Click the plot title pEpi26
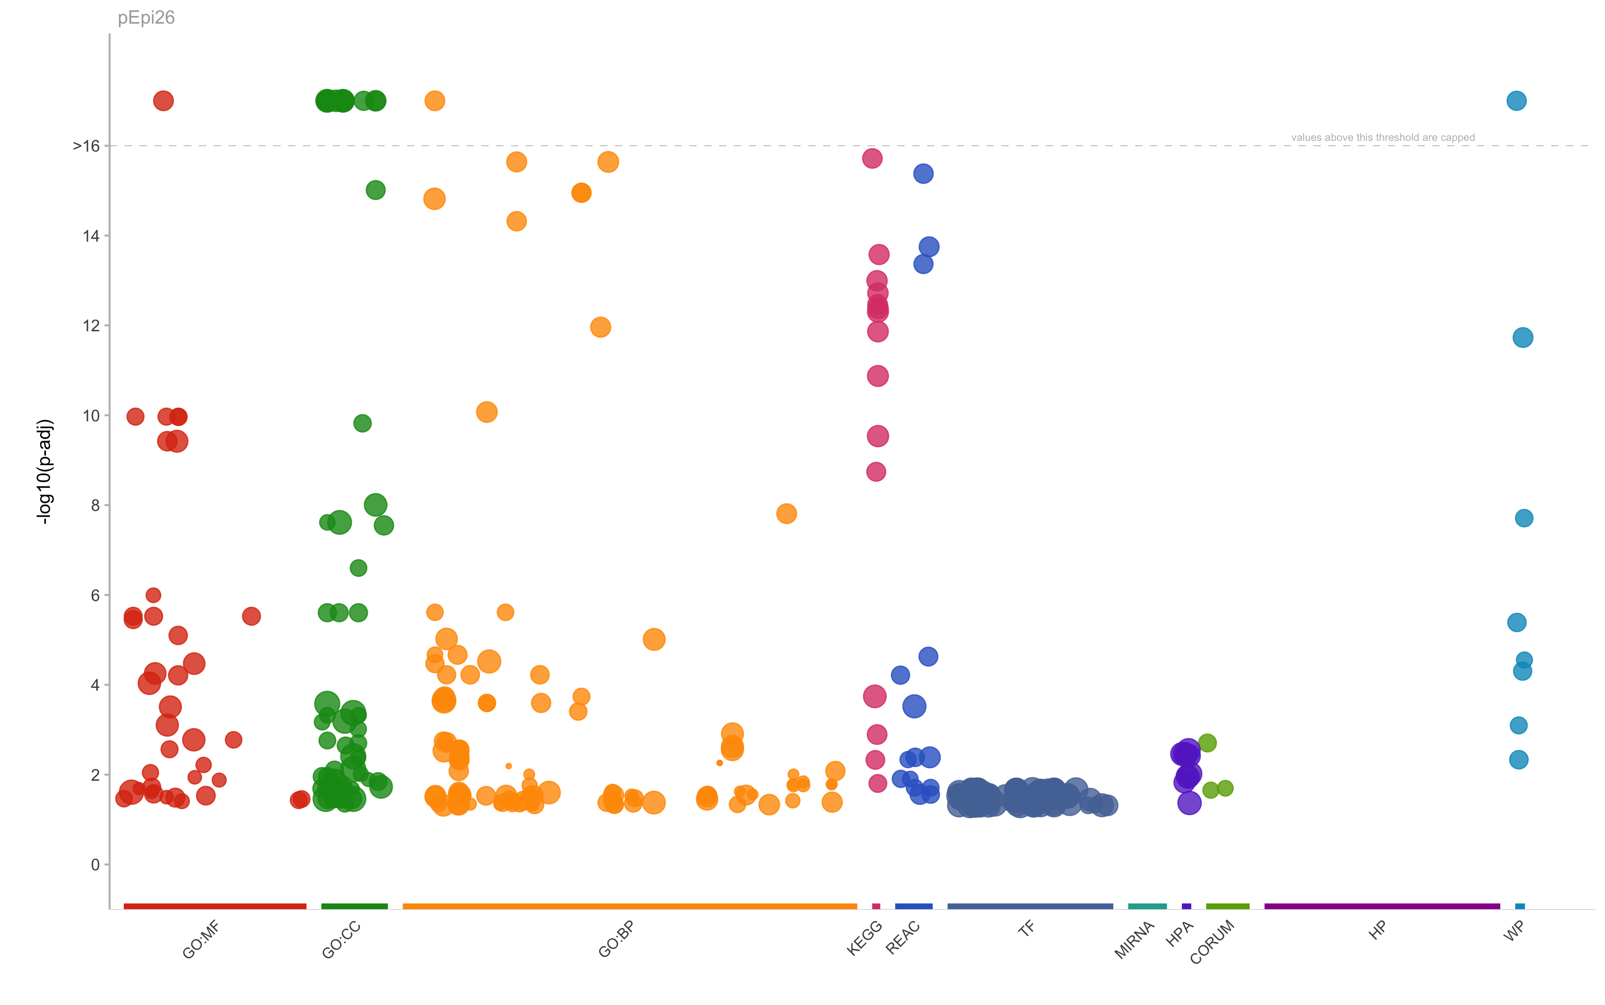coord(146,17)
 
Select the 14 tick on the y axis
coord(91,236)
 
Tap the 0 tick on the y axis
coord(95,865)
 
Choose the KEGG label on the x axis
coord(864,938)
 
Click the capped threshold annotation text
coord(1383,138)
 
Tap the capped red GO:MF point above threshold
coord(164,101)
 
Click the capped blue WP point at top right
coord(1516,101)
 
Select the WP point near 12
coord(1523,338)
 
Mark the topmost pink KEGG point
coord(872,158)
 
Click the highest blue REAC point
coord(923,173)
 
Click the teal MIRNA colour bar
coord(1147,906)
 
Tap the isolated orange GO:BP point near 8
coord(786,513)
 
